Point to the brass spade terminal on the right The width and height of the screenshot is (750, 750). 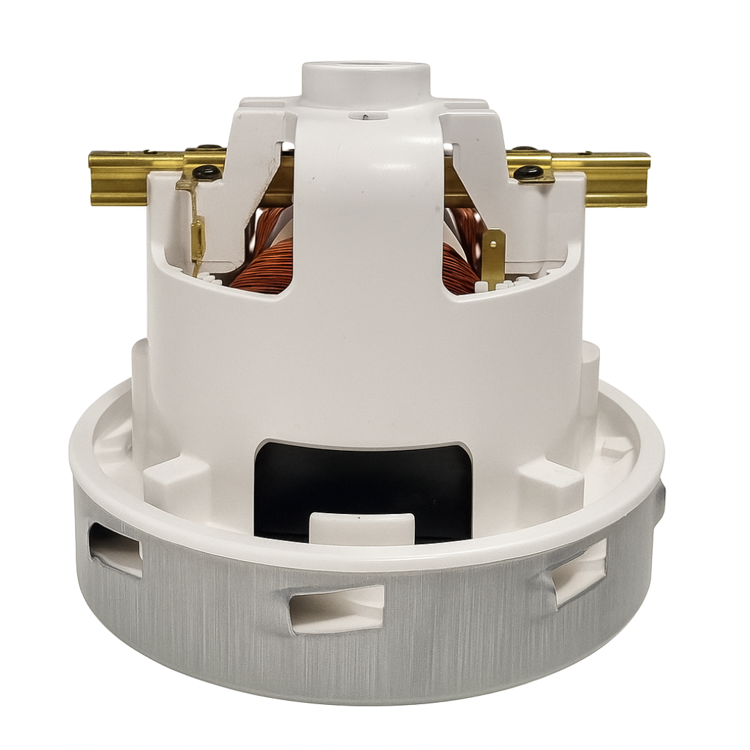coord(494,257)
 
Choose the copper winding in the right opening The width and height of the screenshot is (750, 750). coord(462,267)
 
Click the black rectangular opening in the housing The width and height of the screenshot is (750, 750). coord(361,479)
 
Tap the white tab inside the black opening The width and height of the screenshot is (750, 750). coord(361,528)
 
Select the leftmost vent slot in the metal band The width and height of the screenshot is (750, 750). coord(115,549)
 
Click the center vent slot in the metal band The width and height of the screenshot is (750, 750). coord(336,608)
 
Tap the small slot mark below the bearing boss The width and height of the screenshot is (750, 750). coord(363,116)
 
